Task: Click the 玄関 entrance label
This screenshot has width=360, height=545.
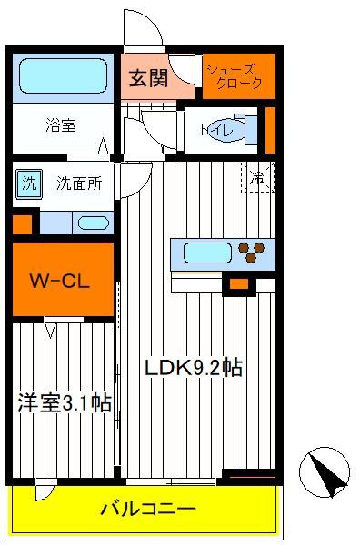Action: point(148,78)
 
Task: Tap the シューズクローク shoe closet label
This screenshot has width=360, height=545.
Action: point(234,76)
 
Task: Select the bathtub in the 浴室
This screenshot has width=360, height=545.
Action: point(63,75)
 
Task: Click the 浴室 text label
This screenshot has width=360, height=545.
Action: point(61,125)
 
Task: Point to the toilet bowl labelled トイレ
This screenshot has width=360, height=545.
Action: point(228,130)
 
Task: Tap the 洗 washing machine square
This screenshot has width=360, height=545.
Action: point(29,183)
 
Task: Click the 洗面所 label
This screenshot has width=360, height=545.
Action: point(80,183)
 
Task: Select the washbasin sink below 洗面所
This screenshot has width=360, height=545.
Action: point(94,223)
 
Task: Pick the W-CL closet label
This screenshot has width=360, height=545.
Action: point(60,281)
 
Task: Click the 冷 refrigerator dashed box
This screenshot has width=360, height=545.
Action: point(259,177)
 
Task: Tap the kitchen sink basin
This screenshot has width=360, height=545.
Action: point(207,253)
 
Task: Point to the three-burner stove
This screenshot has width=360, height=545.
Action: point(251,252)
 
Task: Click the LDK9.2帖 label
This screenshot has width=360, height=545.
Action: point(194,367)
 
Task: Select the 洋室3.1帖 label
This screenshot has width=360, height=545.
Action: point(65,403)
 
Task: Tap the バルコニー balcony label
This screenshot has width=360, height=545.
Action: point(148,510)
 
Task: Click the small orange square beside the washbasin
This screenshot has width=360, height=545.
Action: point(22,224)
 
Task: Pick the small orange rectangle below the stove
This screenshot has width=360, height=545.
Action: point(239,284)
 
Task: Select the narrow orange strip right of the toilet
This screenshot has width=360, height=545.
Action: point(270,130)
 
